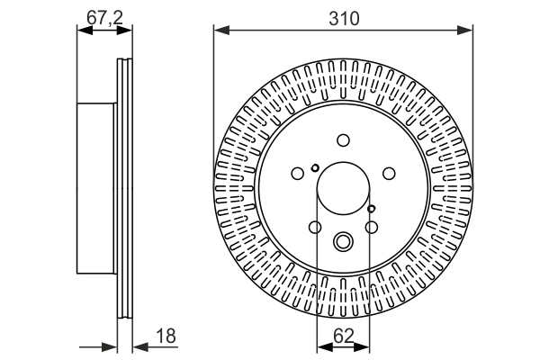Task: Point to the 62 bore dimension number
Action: [343, 337]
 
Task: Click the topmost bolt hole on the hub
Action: [343, 139]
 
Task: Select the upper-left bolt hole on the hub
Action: [298, 175]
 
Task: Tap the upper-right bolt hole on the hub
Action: [388, 174]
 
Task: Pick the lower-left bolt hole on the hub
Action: [314, 228]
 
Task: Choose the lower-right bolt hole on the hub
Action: [371, 228]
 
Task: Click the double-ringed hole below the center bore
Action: [343, 241]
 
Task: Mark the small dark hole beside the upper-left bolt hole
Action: [314, 167]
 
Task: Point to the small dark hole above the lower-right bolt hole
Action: [371, 209]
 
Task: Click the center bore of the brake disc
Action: [343, 191]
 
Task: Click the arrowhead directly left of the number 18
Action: [138, 346]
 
